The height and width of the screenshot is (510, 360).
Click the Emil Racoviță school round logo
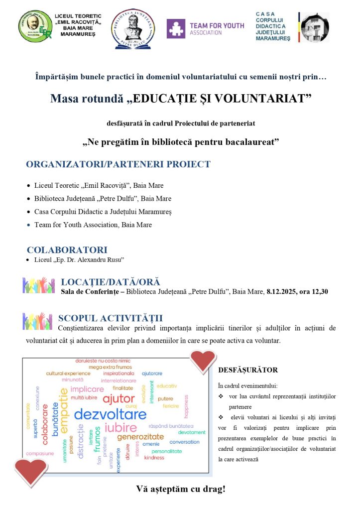point(35,26)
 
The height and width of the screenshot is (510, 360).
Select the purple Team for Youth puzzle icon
point(176,29)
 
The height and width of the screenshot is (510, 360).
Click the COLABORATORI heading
point(67,250)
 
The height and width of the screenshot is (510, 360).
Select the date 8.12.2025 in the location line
point(281,291)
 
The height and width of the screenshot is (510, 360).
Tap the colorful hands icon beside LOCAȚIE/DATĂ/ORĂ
point(38,285)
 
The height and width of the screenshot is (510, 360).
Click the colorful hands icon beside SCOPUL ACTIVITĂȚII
point(37,321)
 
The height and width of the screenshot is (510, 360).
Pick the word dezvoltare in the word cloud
point(110,414)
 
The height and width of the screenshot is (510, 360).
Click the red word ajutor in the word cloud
point(119,398)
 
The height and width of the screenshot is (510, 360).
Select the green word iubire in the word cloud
point(120,428)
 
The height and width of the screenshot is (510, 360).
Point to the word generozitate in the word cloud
point(140,437)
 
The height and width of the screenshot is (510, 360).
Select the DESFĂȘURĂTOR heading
point(247,370)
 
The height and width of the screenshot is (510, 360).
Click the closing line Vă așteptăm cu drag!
point(180,489)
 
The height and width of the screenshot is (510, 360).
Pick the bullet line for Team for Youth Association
point(93,225)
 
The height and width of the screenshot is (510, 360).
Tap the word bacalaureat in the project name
point(246,142)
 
